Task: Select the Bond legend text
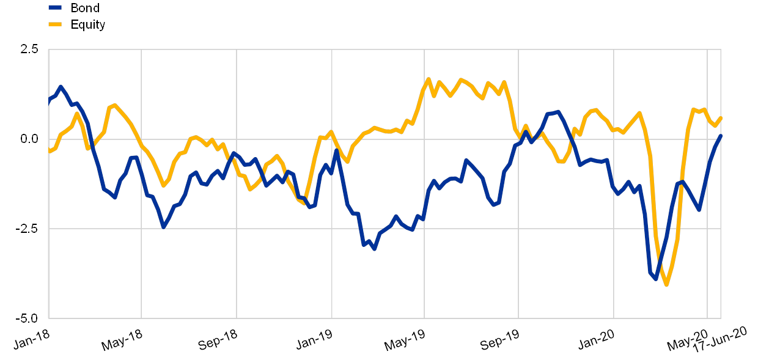point(85,8)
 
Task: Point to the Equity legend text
point(89,25)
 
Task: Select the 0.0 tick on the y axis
point(30,139)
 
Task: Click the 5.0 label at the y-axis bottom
point(30,318)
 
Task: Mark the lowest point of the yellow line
point(666,284)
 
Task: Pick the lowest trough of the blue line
point(655,279)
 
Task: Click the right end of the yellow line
point(721,117)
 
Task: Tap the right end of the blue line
point(721,135)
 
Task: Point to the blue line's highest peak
point(61,87)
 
